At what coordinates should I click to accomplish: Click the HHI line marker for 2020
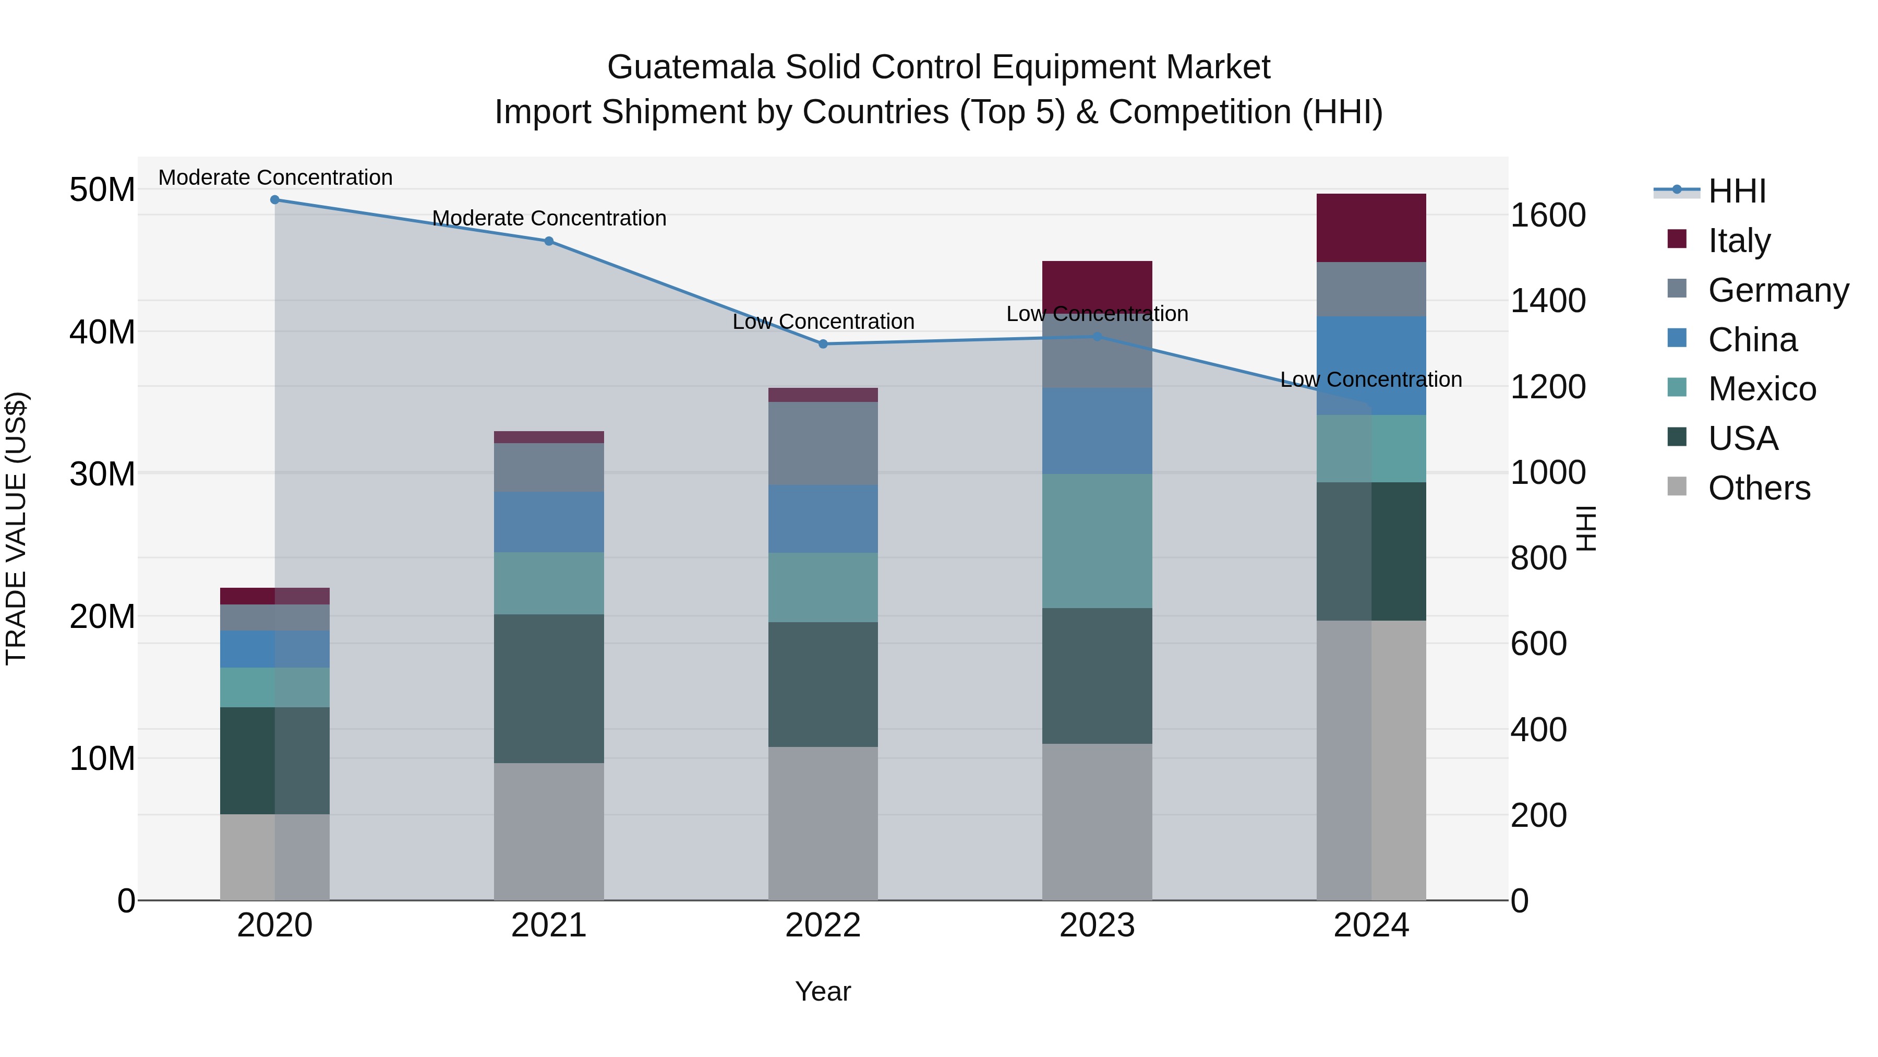(x=275, y=200)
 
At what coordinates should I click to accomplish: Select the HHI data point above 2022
(x=823, y=343)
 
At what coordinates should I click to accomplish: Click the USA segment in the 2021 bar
(x=549, y=688)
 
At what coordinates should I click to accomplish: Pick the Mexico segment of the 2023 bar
(x=1097, y=541)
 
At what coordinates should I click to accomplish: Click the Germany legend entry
(x=1777, y=290)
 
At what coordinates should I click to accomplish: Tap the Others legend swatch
(x=1677, y=486)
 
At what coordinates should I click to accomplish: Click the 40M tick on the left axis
(x=102, y=332)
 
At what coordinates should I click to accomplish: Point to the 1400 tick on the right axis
(x=1547, y=301)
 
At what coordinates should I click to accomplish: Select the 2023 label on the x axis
(x=1097, y=925)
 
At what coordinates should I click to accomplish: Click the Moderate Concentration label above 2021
(x=549, y=218)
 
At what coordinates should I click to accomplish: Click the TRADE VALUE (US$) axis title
(x=16, y=528)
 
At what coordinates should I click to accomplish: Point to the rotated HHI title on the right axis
(x=1585, y=528)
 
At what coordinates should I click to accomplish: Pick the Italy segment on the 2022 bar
(x=823, y=395)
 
